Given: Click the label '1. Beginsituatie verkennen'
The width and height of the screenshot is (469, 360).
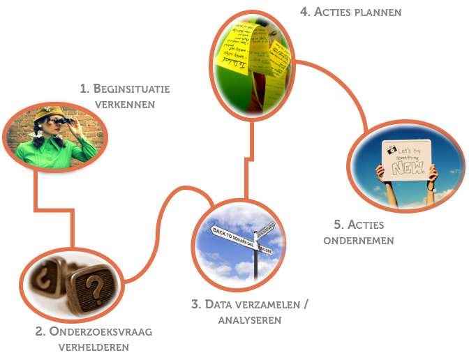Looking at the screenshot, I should tap(125, 96).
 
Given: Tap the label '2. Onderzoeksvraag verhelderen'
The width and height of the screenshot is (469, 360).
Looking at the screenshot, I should tap(94, 338).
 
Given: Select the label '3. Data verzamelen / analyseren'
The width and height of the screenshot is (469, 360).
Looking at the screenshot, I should tap(249, 312).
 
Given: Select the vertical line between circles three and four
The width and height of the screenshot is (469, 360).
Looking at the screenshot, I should tap(246, 160).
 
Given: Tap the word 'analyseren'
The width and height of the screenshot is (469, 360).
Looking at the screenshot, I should tap(249, 320).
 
